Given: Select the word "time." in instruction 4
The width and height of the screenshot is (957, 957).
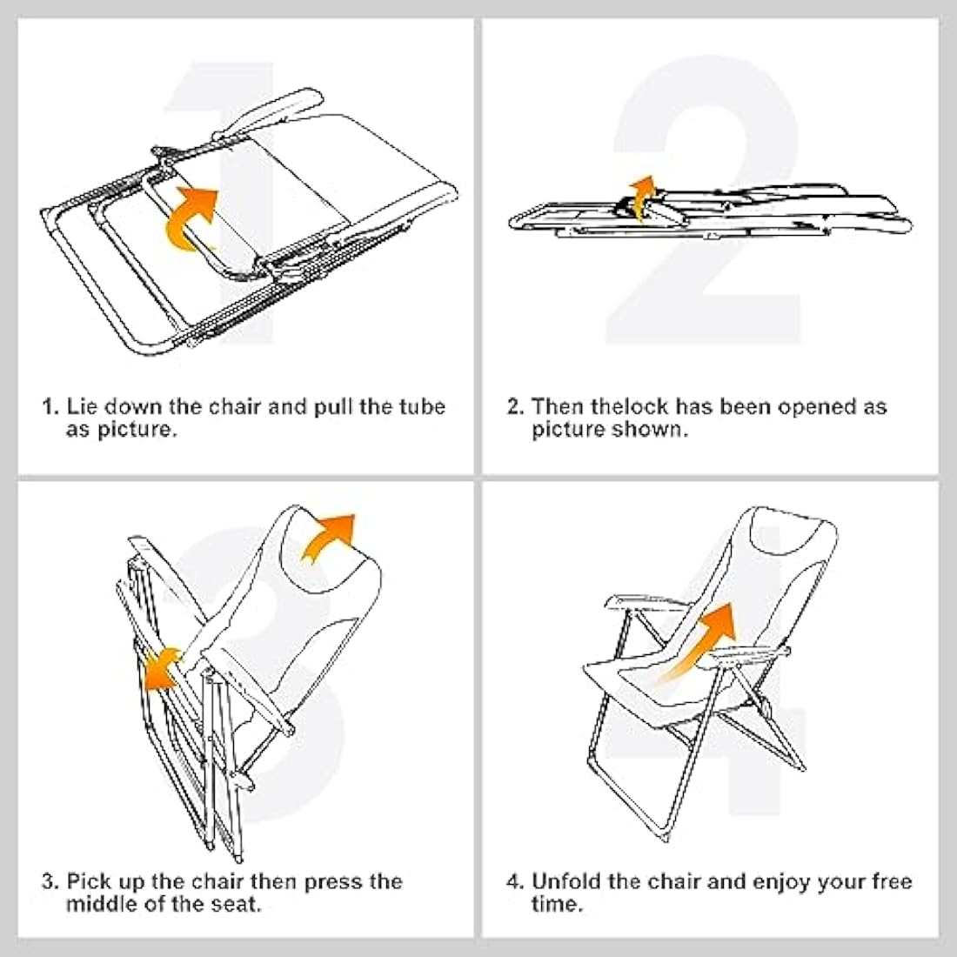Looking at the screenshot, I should coord(557,904).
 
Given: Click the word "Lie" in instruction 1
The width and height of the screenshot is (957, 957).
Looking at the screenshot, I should coord(82,407).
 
